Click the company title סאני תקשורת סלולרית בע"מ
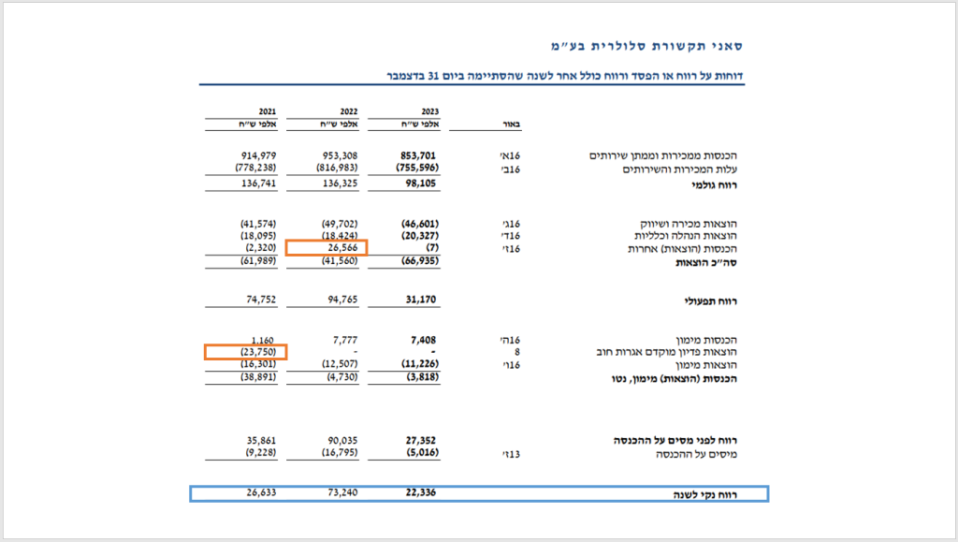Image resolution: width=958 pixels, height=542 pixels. pyautogui.click(x=645, y=45)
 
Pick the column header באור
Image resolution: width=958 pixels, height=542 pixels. pyautogui.click(x=512, y=124)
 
